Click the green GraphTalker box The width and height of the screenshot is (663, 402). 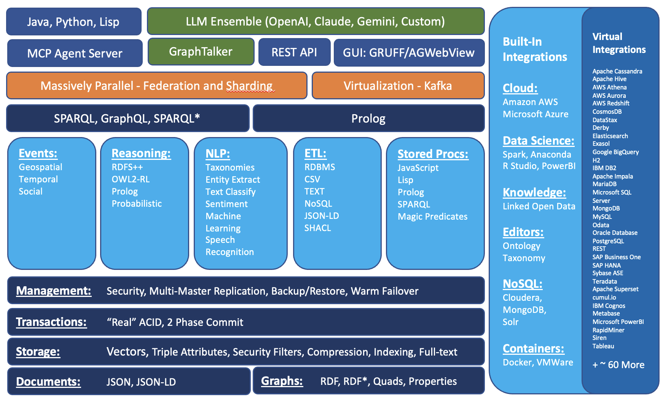[201, 52]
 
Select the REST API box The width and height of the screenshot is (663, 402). [294, 52]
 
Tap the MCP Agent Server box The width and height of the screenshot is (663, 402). [75, 53]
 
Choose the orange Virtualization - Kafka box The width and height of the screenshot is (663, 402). [398, 86]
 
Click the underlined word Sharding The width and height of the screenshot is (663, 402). [249, 86]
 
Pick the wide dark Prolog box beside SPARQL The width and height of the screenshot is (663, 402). [368, 118]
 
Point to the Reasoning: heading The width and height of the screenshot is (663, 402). [141, 153]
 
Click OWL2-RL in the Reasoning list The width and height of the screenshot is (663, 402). [131, 179]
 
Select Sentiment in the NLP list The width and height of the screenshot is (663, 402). [226, 204]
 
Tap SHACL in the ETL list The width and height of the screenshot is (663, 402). [318, 228]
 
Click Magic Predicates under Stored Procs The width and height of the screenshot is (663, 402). [432, 217]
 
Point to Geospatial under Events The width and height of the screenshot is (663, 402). [40, 167]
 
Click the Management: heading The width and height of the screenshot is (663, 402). [54, 291]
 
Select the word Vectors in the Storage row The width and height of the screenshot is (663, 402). [127, 352]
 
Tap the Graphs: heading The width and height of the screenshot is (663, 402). [282, 381]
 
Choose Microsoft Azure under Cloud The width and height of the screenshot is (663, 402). [535, 114]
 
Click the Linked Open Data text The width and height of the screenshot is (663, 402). [539, 206]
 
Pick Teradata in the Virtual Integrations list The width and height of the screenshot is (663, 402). [604, 281]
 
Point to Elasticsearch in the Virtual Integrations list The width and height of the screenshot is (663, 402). [610, 136]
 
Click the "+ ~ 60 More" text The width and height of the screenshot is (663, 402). [618, 365]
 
